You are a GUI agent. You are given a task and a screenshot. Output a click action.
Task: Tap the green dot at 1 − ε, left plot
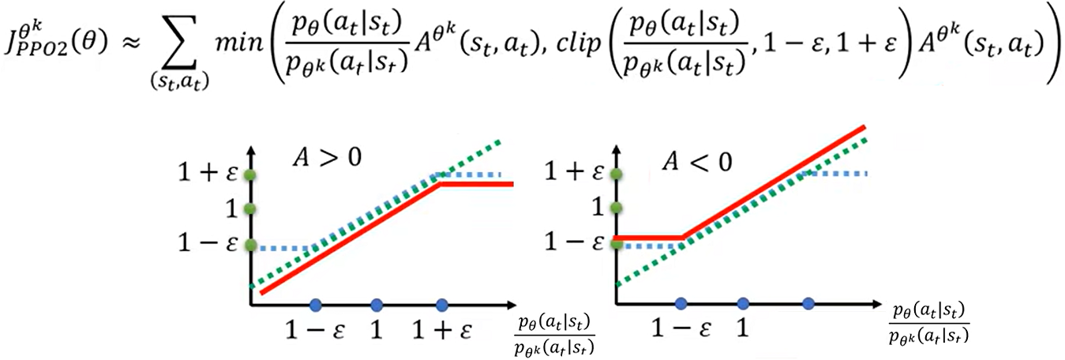point(250,246)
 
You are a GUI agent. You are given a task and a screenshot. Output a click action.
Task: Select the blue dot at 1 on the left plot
point(377,304)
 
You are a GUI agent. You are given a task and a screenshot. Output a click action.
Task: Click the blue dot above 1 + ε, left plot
point(441,304)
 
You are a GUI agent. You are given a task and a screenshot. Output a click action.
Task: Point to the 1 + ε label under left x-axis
point(441,330)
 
